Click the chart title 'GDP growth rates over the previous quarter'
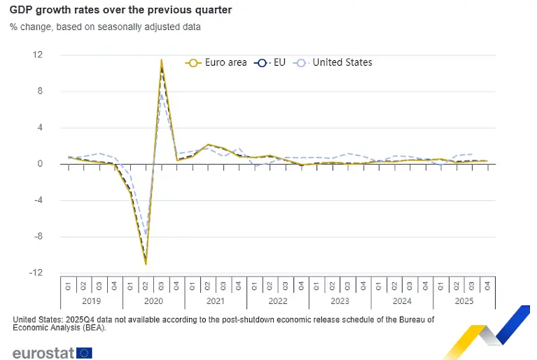pyautogui.click(x=121, y=11)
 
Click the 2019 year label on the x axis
pyautogui.click(x=91, y=300)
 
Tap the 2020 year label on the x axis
pyautogui.click(x=153, y=300)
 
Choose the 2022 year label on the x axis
pyautogui.click(x=277, y=300)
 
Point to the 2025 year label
pyautogui.click(x=463, y=300)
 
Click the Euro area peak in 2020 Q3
pyautogui.click(x=161, y=60)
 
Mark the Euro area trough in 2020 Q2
pyautogui.click(x=146, y=264)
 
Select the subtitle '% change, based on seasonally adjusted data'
pyautogui.click(x=105, y=27)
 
